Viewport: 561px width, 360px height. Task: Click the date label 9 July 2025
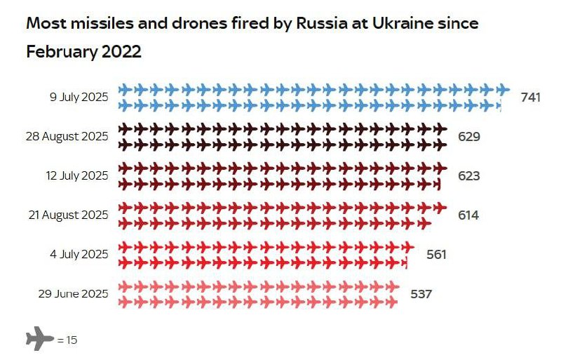click(79, 97)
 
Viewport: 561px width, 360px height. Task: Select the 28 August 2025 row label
click(67, 136)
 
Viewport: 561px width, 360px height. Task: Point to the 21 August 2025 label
click(67, 215)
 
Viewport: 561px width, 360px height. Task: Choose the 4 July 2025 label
click(79, 254)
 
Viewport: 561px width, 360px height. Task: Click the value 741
click(531, 97)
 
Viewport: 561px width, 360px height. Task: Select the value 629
click(468, 136)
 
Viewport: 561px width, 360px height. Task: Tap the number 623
click(468, 175)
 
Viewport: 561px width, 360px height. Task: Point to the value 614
click(468, 215)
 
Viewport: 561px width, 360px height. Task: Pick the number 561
click(436, 254)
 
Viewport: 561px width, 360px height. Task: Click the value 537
click(421, 293)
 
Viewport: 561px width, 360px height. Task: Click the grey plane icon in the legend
click(40, 339)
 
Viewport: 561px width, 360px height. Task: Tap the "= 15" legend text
click(67, 340)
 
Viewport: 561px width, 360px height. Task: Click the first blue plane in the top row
click(125, 89)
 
